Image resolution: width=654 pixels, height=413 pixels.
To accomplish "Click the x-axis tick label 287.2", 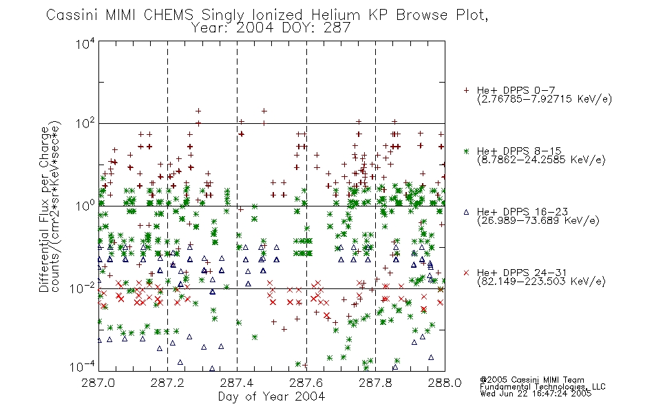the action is pos(168,383).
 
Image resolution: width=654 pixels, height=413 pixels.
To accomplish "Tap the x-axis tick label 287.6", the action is pos(306,383).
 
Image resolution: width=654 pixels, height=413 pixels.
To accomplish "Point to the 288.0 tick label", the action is pos(445,383).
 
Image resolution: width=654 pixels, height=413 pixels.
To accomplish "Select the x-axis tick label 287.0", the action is pos(98,383).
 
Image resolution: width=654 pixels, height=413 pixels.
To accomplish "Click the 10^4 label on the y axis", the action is pos(85,44).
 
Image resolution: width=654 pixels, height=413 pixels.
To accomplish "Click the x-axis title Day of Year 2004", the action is pos(271,396).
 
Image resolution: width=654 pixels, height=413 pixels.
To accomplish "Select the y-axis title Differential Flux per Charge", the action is pos(45,209).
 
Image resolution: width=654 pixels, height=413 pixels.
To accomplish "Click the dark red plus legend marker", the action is pos(466,90).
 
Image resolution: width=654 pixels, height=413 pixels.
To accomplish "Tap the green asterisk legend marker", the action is pos(466,151).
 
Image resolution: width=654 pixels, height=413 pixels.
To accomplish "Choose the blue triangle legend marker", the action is pos(466,212).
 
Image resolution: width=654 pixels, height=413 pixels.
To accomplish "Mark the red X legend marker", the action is pos(466,273).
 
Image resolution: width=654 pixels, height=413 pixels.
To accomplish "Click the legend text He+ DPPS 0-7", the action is pos(516,91).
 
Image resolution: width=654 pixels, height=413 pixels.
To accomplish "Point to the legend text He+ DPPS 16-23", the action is pos(523,212).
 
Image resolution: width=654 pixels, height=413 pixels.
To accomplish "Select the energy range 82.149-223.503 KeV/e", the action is pos(541,282).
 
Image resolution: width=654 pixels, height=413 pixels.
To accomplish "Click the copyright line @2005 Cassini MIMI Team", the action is pos(531,380).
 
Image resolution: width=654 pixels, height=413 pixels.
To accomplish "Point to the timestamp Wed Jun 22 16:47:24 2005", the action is pos(536,394).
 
